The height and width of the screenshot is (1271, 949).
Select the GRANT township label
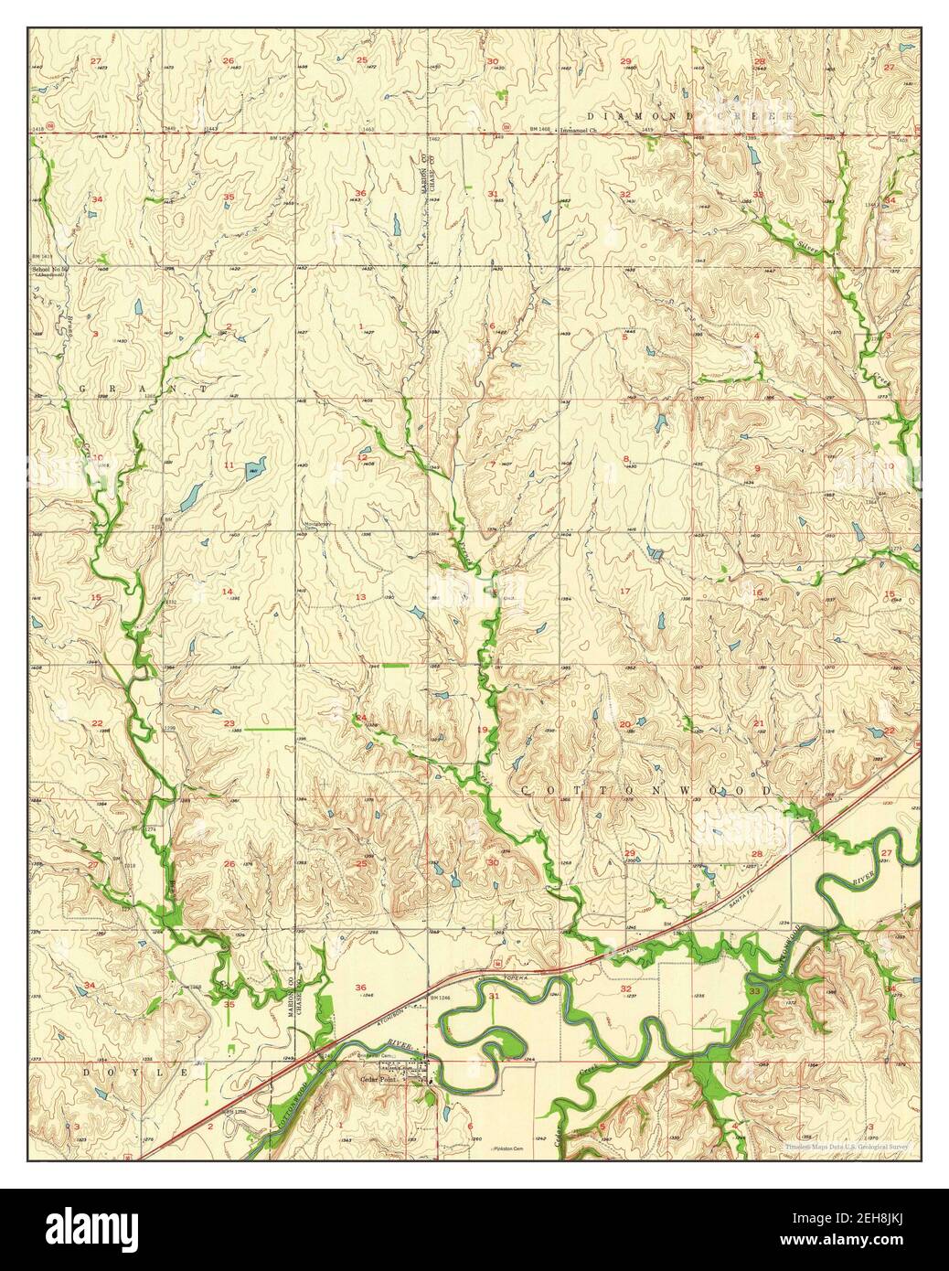click(145, 389)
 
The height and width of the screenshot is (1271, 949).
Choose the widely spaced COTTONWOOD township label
click(646, 788)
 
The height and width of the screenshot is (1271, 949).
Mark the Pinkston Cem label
click(508, 1148)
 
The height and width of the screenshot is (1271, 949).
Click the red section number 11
click(227, 466)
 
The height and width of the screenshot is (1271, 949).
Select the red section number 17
click(625, 592)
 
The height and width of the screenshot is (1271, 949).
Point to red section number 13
click(361, 596)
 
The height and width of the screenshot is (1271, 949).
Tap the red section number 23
click(228, 723)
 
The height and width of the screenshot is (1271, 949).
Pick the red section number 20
click(625, 724)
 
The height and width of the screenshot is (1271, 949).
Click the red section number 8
click(626, 458)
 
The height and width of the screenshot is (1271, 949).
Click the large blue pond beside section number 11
click(251, 472)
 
